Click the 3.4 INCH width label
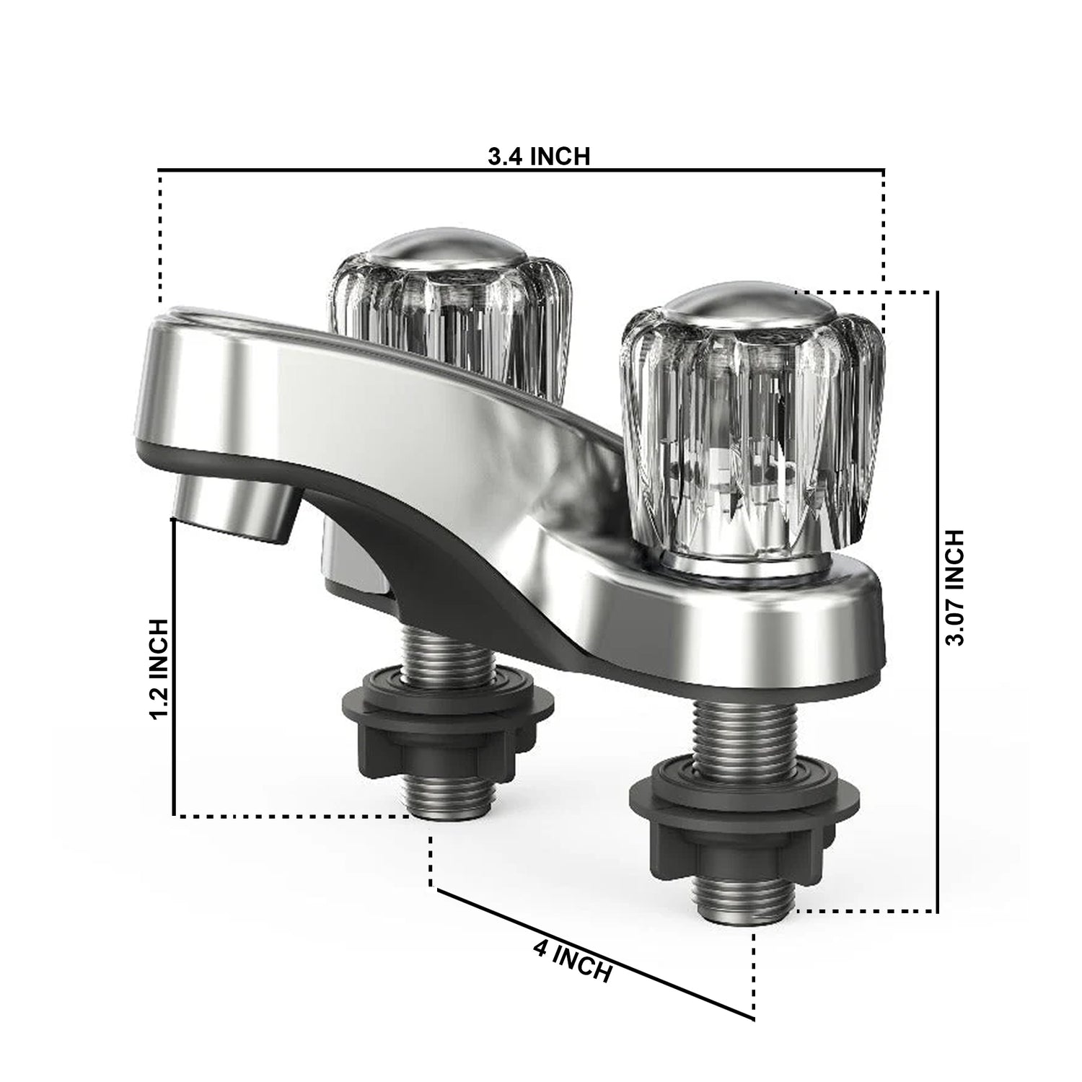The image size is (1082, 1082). pos(539,156)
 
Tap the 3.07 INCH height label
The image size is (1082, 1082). pos(954,587)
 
